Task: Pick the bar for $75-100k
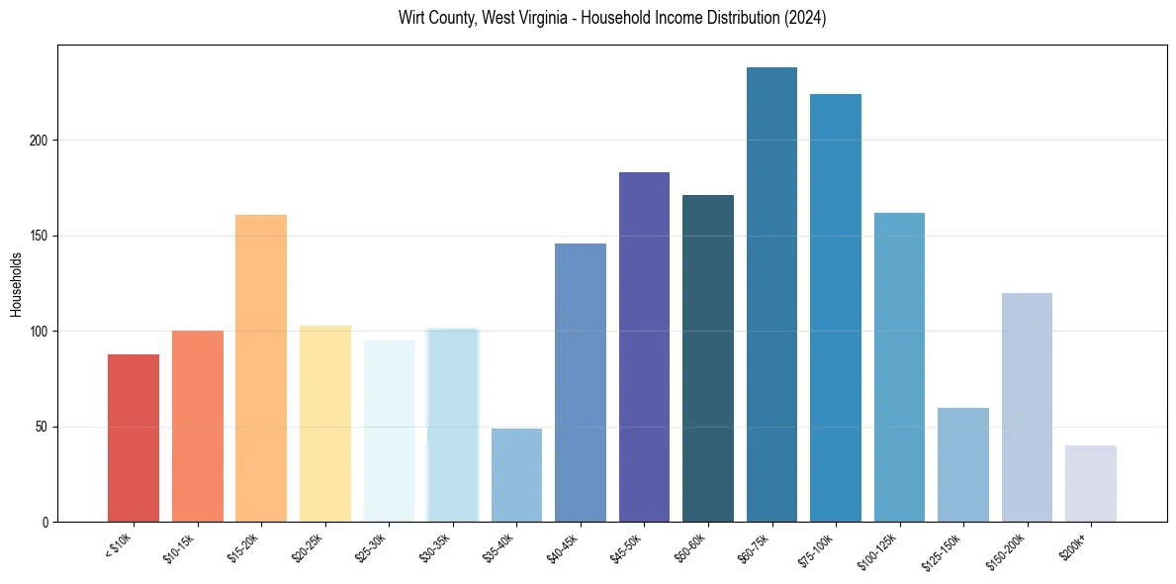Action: [836, 308]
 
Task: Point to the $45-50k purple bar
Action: [644, 346]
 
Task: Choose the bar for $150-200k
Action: [1027, 407]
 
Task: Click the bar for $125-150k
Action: [963, 464]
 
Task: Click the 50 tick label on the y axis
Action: [43, 427]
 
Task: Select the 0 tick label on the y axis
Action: [45, 522]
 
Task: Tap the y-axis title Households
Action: [16, 283]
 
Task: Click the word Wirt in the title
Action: [411, 18]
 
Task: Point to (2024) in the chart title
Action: [804, 18]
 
